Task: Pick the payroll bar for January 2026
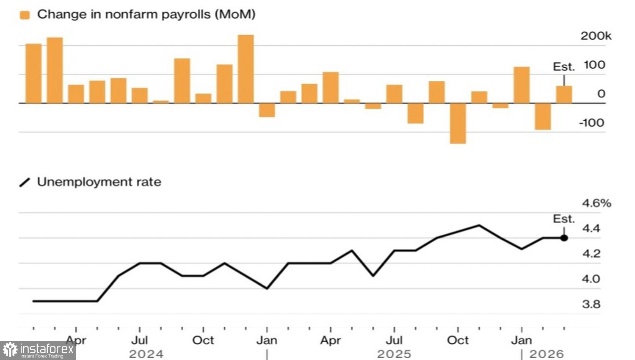pyautogui.click(x=522, y=85)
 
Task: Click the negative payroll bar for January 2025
pyautogui.click(x=267, y=110)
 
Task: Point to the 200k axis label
pyautogui.click(x=596, y=36)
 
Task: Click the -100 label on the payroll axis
pyautogui.click(x=591, y=123)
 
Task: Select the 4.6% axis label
pyautogui.click(x=596, y=203)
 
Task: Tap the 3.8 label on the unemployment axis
pyautogui.click(x=591, y=304)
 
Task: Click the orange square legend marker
pyautogui.click(x=25, y=15)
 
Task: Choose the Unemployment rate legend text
pyautogui.click(x=99, y=182)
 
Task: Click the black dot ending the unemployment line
pyautogui.click(x=564, y=238)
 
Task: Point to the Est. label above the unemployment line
pyautogui.click(x=564, y=219)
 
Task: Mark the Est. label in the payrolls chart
pyautogui.click(x=564, y=67)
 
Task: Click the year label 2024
pyautogui.click(x=146, y=354)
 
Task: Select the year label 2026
pyautogui.click(x=547, y=354)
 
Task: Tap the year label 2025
pyautogui.click(x=394, y=354)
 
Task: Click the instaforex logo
pyautogui.click(x=38, y=351)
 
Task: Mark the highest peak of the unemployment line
pyautogui.click(x=479, y=225)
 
